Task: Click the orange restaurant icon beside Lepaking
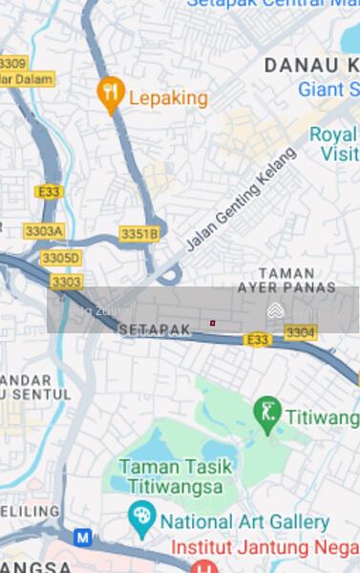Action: [x=112, y=93]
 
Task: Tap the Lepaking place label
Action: [x=167, y=96]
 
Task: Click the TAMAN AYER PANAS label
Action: [x=286, y=280]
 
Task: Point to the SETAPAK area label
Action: [x=155, y=328]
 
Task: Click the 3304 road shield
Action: [x=300, y=332]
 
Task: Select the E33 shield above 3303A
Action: [x=49, y=192]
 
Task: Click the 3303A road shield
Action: [x=44, y=231]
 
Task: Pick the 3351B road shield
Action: [x=139, y=234]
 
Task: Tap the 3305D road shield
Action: [x=61, y=258]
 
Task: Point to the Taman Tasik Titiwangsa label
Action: [x=171, y=477]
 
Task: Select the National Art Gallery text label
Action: [x=244, y=522]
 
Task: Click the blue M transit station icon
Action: [x=83, y=538]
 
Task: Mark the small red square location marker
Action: [x=213, y=323]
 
